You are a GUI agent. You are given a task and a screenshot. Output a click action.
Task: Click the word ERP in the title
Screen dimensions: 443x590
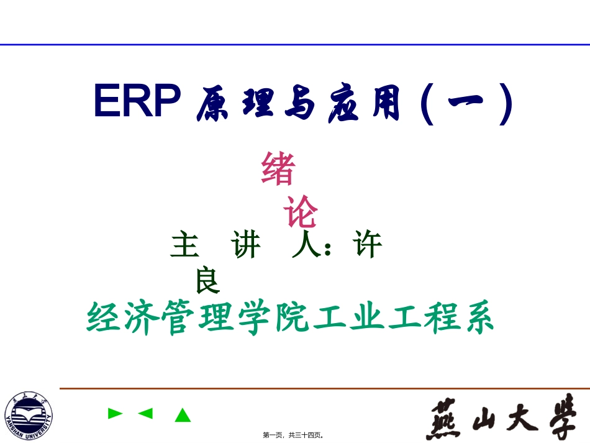click(137, 101)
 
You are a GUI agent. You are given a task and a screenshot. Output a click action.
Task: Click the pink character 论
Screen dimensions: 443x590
click(301, 212)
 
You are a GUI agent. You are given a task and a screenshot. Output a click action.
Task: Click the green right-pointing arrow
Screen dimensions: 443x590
click(115, 413)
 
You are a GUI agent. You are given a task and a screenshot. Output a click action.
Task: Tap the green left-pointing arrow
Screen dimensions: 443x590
click(145, 413)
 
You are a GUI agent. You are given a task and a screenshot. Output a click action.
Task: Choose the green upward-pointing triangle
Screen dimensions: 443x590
click(182, 414)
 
